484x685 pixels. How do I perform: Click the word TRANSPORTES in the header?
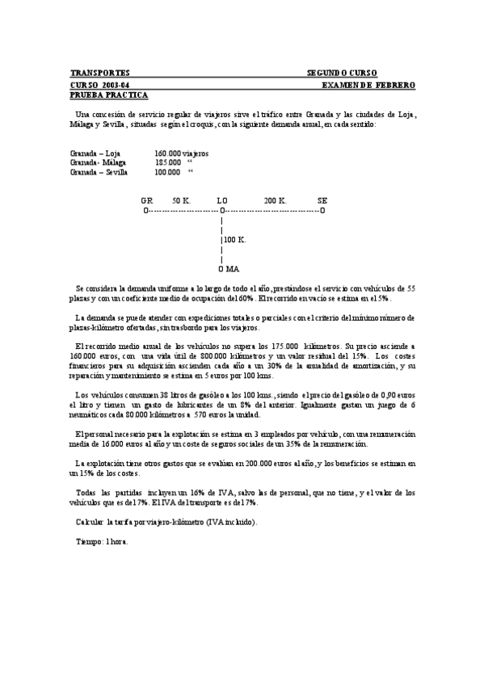[x=100, y=73]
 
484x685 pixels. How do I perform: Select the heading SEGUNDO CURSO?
[x=341, y=73]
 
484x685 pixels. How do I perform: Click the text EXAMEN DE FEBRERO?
[x=368, y=84]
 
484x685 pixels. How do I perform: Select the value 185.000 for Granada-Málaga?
[x=168, y=162]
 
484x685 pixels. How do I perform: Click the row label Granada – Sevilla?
[x=99, y=171]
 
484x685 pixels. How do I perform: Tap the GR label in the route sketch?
[x=146, y=200]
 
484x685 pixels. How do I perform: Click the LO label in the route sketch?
[x=222, y=200]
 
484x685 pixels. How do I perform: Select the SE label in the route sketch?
[x=322, y=200]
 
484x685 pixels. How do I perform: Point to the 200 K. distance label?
[x=275, y=200]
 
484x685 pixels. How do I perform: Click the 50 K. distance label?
[x=181, y=200]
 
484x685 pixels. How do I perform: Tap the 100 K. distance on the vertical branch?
[x=235, y=240]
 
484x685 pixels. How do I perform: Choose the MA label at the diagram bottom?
[x=233, y=268]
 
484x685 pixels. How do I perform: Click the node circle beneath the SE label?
[x=322, y=210]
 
